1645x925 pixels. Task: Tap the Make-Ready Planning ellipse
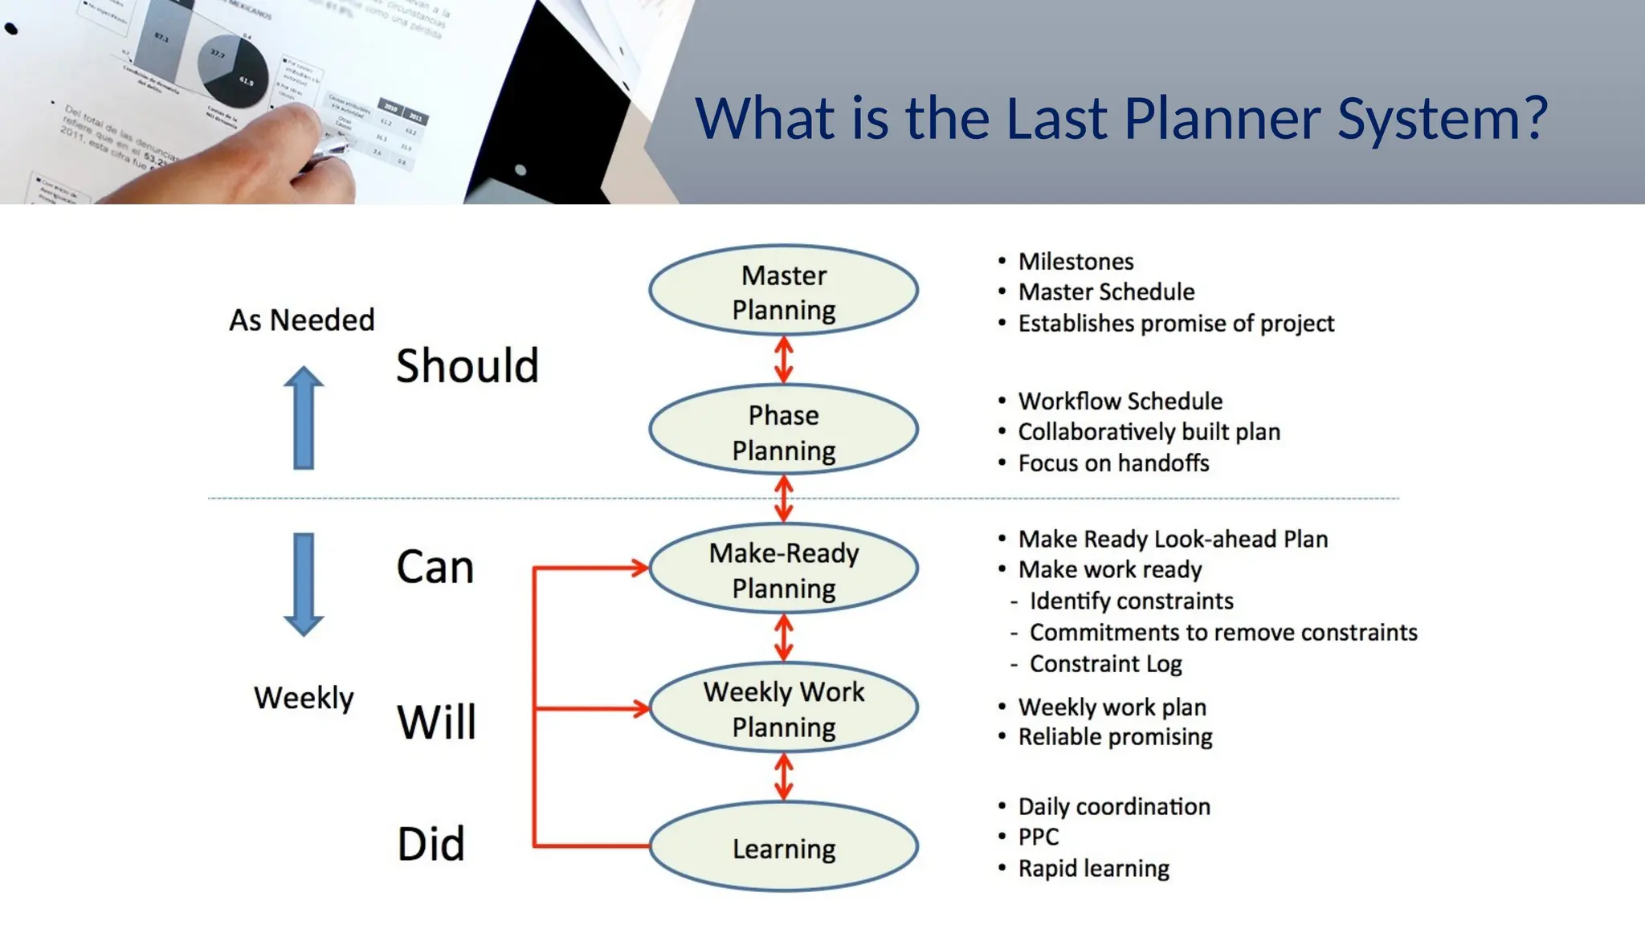[x=783, y=569]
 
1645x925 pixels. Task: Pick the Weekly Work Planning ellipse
[x=783, y=708]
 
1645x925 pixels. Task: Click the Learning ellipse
[x=783, y=847]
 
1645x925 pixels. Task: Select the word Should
[x=467, y=366]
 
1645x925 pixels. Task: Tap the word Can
[x=435, y=568]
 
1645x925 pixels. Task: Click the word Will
[x=436, y=721]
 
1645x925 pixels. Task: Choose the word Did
[x=431, y=844]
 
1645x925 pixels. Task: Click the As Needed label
[x=301, y=320]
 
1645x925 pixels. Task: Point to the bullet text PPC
[x=1038, y=837]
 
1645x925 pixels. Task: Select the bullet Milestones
[x=1076, y=262]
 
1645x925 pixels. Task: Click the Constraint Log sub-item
[x=1105, y=664]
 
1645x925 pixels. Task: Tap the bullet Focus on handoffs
[x=1113, y=463]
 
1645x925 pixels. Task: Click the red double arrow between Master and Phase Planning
[x=784, y=360]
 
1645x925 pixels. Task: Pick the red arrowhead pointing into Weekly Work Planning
[x=640, y=708]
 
